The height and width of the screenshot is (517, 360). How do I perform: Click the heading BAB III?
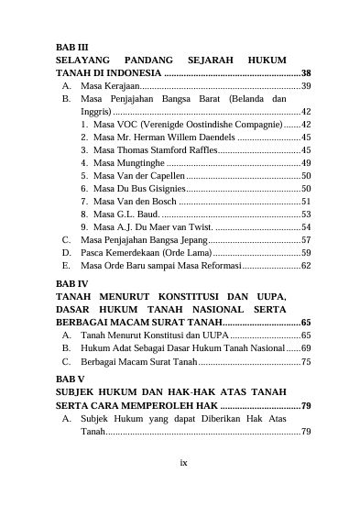(x=71, y=46)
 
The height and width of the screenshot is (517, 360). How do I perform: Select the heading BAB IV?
(x=71, y=284)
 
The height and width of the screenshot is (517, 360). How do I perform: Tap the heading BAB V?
(x=70, y=378)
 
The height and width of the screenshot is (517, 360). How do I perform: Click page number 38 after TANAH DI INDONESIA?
(x=306, y=72)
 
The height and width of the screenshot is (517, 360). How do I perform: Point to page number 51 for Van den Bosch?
(x=306, y=201)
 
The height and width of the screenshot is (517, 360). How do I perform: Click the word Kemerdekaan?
(x=129, y=252)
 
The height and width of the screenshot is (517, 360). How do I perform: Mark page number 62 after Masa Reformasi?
(x=306, y=266)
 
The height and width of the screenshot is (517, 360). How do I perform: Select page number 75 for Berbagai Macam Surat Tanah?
(x=306, y=362)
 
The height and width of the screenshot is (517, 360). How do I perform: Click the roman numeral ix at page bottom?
(x=183, y=463)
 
